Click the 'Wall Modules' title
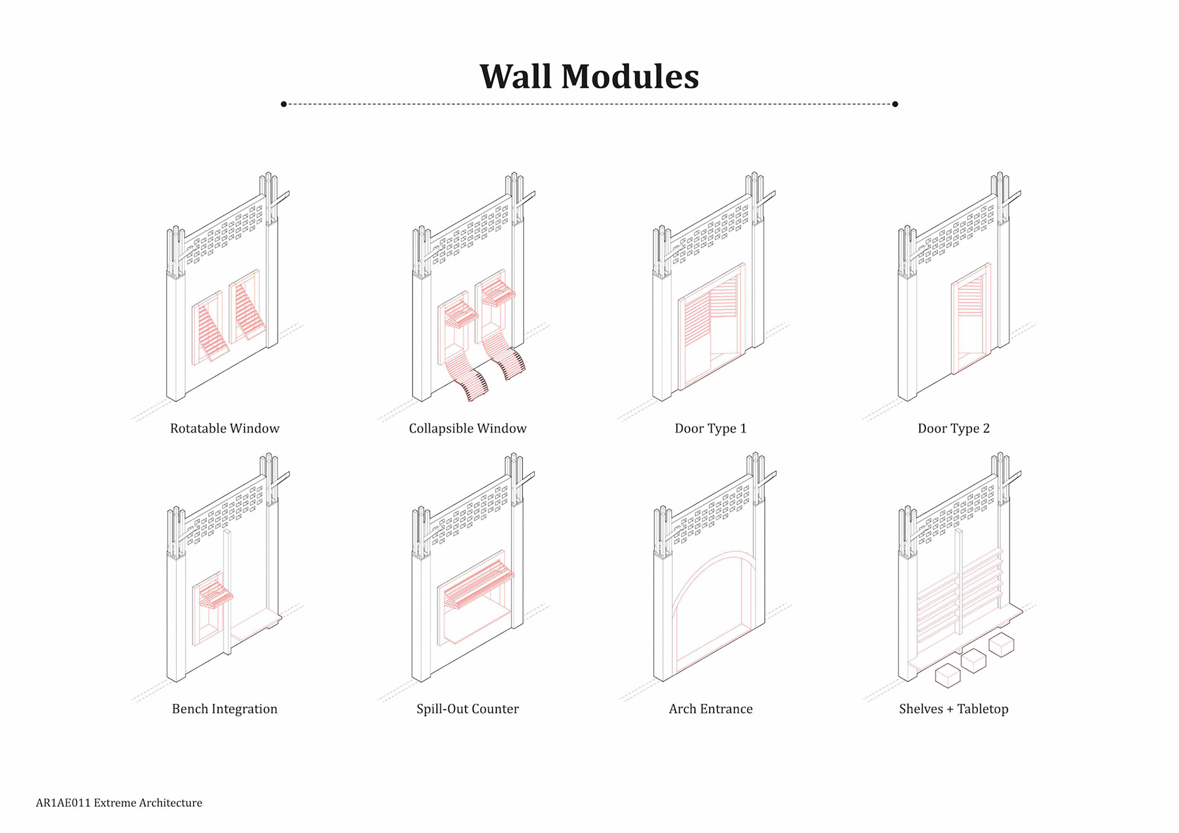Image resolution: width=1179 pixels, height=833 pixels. (589, 77)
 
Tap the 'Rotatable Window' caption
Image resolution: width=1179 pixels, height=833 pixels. (224, 428)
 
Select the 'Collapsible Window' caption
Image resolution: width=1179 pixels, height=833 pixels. (467, 428)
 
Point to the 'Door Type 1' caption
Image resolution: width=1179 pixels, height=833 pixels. (710, 428)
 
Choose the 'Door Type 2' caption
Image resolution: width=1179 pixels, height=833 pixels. (953, 428)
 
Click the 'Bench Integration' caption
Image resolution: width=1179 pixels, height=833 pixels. (224, 709)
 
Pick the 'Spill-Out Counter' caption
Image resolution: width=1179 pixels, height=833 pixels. (467, 709)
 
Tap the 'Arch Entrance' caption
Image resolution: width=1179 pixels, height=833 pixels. (710, 709)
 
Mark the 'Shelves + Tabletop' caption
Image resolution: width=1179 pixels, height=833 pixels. (953, 709)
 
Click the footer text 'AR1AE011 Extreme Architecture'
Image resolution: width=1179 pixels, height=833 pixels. (119, 803)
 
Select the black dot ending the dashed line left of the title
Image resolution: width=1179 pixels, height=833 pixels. (284, 104)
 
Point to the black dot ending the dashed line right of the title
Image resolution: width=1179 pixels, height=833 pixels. (895, 104)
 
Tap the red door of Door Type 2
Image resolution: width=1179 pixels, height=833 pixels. (970, 319)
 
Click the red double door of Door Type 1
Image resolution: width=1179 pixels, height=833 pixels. (711, 325)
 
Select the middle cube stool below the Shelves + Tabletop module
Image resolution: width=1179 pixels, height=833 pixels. (973, 661)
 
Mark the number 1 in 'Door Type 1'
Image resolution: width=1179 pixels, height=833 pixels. (743, 428)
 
